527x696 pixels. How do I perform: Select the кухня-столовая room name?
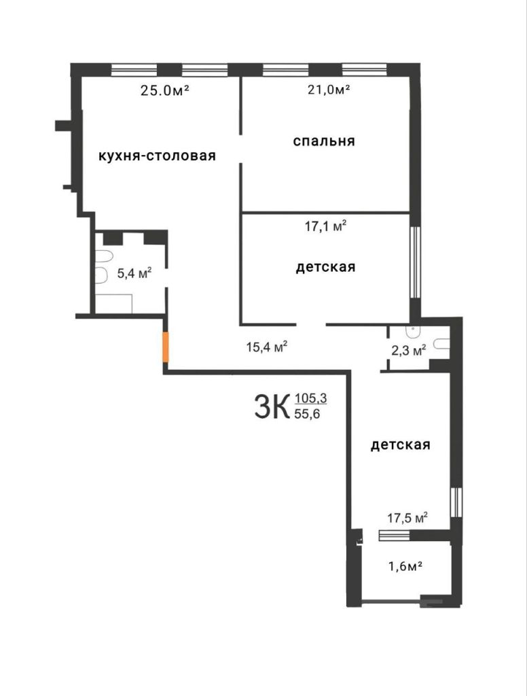point(157,156)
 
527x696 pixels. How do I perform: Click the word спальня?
point(325,141)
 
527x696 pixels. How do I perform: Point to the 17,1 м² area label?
point(325,226)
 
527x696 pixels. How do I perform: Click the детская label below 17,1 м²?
point(325,267)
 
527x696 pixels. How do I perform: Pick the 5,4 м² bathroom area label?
point(134,273)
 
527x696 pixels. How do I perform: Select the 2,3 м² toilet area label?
point(410,351)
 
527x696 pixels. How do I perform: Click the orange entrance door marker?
point(164,348)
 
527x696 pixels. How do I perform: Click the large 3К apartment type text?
point(271,407)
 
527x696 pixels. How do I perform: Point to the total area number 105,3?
point(310,399)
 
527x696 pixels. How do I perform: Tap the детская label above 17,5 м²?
point(401,445)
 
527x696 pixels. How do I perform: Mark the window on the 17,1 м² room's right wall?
point(414,262)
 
